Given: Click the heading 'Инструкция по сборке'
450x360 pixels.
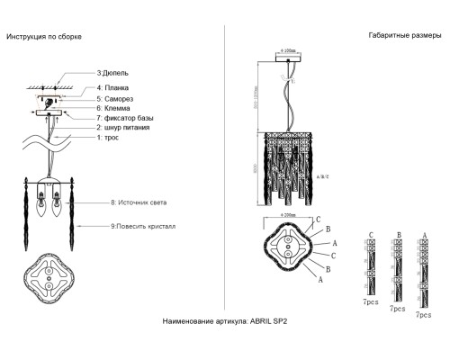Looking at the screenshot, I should pyautogui.click(x=44, y=37).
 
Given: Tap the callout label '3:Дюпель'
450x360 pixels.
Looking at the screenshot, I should pyautogui.click(x=112, y=71).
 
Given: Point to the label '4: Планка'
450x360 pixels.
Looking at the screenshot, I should pyautogui.click(x=114, y=87).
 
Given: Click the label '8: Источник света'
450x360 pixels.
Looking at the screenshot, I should pyautogui.click(x=139, y=203).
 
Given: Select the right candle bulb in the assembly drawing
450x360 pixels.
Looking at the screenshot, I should pyautogui.click(x=64, y=203).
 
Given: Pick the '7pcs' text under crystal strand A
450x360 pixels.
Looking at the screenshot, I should pyautogui.click(x=421, y=315).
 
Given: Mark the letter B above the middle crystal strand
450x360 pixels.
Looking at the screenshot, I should pyautogui.click(x=398, y=235).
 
